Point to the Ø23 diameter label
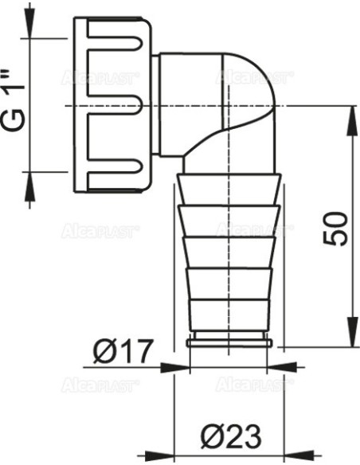click(x=230, y=436)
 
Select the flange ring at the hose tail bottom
click(x=229, y=344)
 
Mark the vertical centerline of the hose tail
click(x=229, y=255)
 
